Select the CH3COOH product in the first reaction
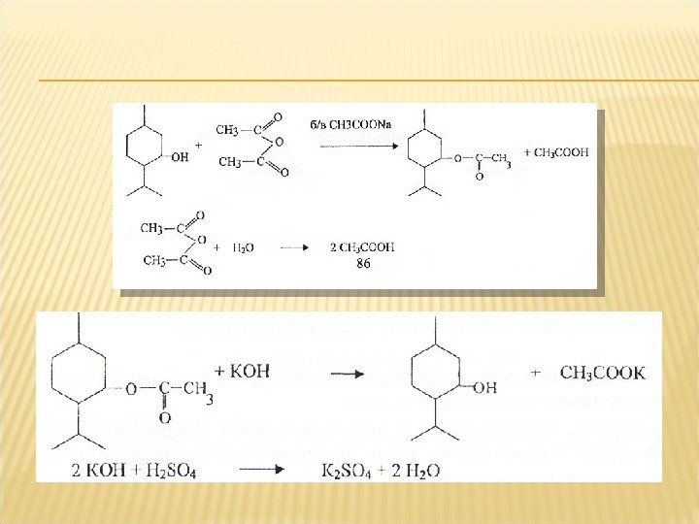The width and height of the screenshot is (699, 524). coord(556,152)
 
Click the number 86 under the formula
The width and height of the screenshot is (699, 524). coord(362,262)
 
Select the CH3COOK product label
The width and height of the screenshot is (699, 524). coord(602,373)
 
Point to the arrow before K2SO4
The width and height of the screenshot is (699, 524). coord(261,471)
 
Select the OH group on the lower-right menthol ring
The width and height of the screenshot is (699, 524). coord(484,387)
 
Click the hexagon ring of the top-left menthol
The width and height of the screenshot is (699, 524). coord(145,147)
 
